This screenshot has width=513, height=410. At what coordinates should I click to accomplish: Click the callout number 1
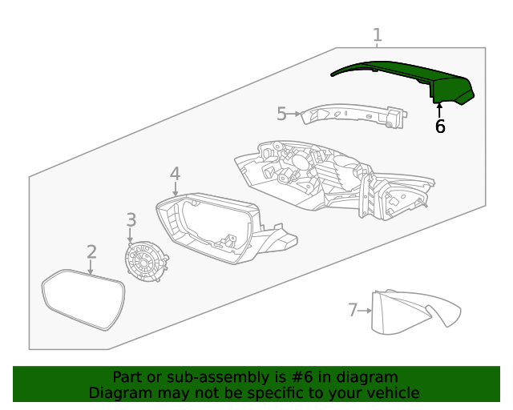point(377,35)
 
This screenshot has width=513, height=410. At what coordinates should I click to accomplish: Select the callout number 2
point(91,252)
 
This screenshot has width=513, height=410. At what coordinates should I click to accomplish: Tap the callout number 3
point(131,219)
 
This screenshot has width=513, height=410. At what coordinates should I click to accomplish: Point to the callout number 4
point(175,174)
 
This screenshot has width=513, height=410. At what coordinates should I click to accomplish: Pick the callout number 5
point(281,114)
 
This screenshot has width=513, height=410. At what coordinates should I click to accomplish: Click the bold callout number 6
point(439,126)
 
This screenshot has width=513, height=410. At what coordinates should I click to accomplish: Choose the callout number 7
point(352,309)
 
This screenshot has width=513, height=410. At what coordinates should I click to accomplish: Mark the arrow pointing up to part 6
point(439,110)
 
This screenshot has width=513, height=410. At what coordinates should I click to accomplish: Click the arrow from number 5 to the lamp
point(294,114)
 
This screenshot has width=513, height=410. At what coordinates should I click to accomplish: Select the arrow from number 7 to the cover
point(366,310)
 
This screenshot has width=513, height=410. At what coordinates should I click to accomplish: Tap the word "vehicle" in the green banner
point(390,392)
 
